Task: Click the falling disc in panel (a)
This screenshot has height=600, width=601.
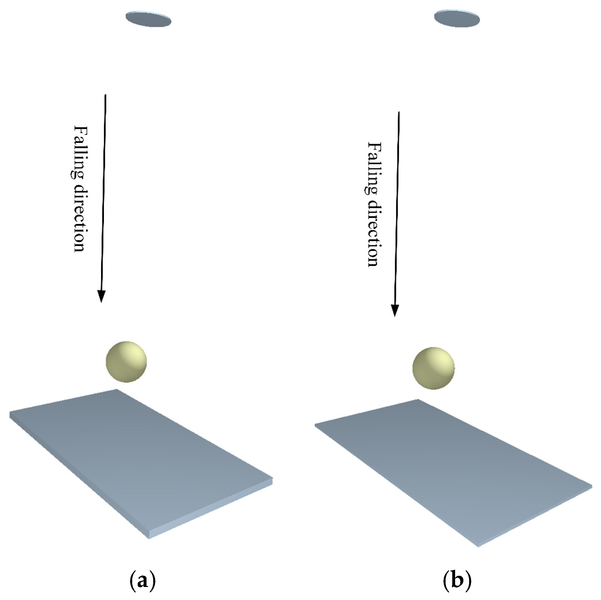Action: coord(148,19)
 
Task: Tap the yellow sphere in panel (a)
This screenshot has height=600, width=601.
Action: coord(126,362)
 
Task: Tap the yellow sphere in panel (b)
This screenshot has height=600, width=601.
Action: coord(434,368)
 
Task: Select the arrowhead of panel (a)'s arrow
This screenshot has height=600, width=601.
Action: coord(101,297)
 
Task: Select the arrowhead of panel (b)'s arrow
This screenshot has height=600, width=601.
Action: coord(395,310)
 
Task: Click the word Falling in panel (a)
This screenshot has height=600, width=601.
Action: coord(79,152)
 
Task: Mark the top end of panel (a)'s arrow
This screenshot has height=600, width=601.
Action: coord(106,94)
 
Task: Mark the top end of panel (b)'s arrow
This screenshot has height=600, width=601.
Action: coord(399,112)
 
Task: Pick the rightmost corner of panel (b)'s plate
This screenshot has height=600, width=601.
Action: coord(592,487)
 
